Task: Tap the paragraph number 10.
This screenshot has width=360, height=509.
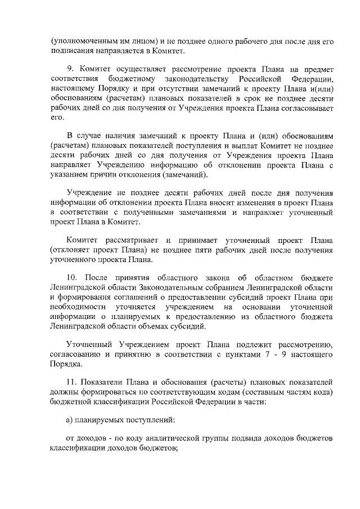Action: coord(72,278)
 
